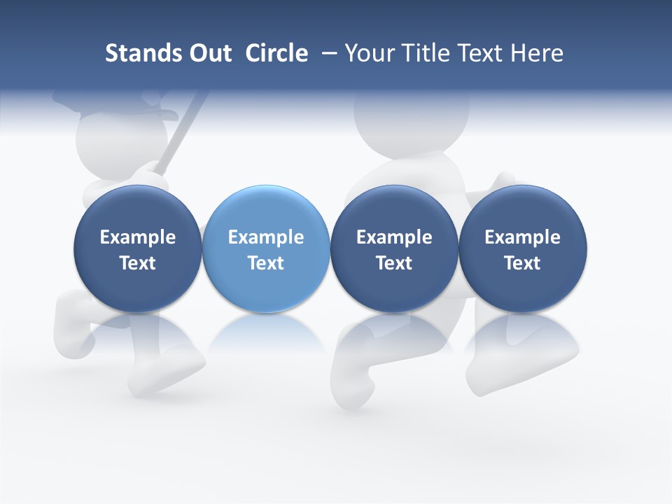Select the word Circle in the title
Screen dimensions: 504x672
[x=276, y=53]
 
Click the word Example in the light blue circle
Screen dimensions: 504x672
[x=266, y=237]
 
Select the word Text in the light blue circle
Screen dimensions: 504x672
[x=266, y=263]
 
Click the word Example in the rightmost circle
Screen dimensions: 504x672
[x=522, y=237]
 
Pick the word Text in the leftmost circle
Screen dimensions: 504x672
[x=138, y=263]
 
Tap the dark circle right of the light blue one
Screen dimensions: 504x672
[x=394, y=248]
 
